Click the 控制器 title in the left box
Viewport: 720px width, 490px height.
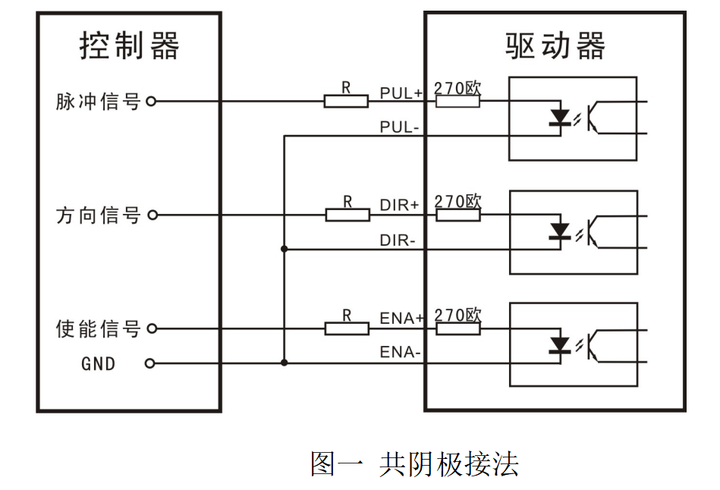[130, 46]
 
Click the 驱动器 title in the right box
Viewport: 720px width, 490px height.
[555, 46]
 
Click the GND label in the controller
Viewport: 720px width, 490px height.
[99, 364]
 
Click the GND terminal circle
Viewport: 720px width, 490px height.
[150, 363]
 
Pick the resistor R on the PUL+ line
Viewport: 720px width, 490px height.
[346, 101]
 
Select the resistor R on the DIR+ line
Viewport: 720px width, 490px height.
[347, 215]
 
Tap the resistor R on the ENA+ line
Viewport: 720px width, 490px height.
[347, 328]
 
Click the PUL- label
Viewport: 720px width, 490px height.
[400, 127]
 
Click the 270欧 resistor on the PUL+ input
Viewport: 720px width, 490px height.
[457, 101]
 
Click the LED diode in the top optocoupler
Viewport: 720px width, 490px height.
[560, 118]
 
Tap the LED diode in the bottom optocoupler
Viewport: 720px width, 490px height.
[560, 345]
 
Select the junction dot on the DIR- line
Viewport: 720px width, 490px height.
[285, 249]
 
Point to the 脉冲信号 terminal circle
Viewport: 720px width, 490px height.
[150, 101]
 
